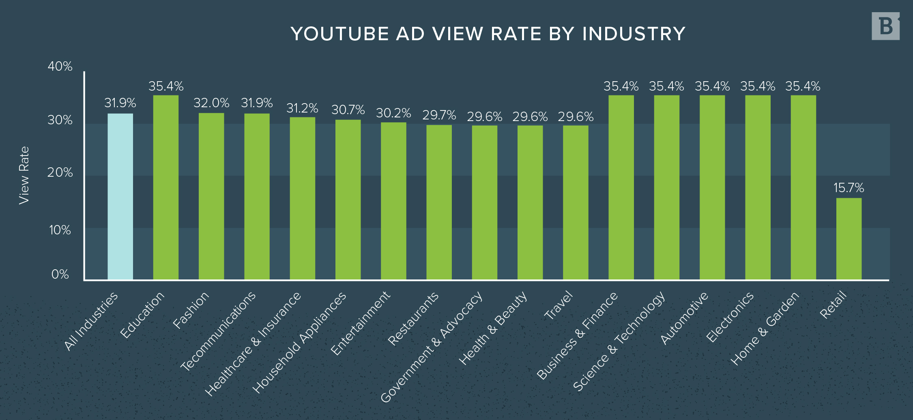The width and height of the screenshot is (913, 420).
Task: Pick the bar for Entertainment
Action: [x=393, y=201]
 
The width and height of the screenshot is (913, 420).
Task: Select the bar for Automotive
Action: [x=712, y=187]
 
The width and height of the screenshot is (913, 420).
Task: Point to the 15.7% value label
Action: [x=849, y=188]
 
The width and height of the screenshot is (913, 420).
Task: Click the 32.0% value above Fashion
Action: [x=211, y=103]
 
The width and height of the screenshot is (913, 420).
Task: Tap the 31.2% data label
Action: [x=302, y=108]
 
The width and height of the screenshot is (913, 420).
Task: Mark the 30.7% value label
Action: [x=348, y=110]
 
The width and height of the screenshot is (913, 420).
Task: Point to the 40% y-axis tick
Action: [x=60, y=66]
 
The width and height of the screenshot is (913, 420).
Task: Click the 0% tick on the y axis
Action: [x=60, y=275]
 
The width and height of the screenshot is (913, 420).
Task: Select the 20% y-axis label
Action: [x=60, y=173]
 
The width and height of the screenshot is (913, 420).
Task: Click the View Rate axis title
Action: [x=24, y=175]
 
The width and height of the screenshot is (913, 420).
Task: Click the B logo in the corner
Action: [x=885, y=26]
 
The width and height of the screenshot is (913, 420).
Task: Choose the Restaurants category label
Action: [x=413, y=319]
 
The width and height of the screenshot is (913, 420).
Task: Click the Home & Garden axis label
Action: [x=765, y=328]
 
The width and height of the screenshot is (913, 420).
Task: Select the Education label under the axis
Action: [x=142, y=315]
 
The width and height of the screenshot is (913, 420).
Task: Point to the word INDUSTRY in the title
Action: [x=634, y=34]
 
